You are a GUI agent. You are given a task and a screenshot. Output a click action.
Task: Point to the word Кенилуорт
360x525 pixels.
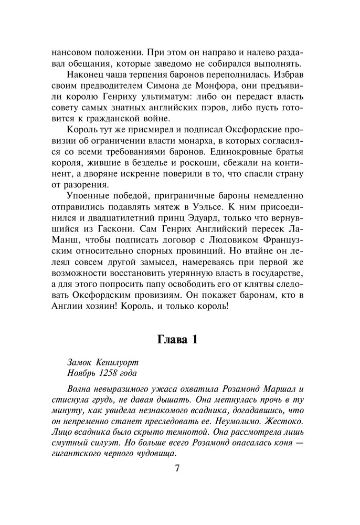[120, 362]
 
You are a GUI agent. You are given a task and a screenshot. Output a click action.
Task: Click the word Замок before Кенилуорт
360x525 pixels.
[80, 362]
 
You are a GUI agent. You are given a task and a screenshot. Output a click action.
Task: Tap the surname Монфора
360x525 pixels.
[215, 86]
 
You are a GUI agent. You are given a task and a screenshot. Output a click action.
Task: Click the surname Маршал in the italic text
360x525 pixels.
[277, 389]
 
